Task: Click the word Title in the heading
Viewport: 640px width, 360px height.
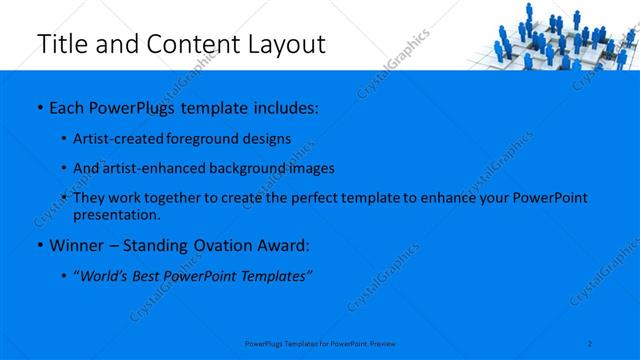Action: point(59,44)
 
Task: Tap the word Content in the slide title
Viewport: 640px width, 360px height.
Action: point(190,44)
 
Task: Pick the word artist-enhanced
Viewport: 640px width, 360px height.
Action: point(149,168)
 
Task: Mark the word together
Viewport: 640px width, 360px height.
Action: point(174,198)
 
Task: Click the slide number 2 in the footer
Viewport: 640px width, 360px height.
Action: point(591,343)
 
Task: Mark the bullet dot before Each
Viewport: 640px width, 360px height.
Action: point(39,106)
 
